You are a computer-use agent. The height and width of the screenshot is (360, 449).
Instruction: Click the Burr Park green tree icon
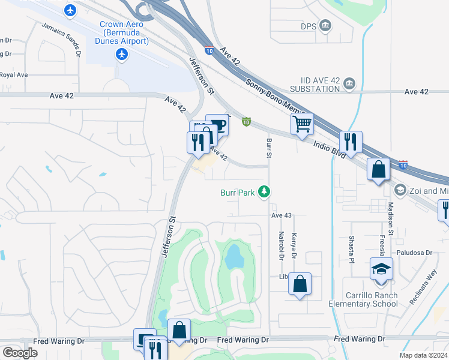tap(264, 192)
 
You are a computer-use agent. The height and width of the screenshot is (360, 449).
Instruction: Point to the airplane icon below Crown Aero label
tap(122, 55)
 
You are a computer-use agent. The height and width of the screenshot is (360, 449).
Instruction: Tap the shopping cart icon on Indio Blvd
tap(303, 124)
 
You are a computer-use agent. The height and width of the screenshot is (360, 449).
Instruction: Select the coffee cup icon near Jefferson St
tap(217, 125)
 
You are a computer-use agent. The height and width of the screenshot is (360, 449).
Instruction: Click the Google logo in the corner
tap(20, 352)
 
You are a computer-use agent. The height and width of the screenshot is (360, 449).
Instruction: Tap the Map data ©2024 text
tap(421, 355)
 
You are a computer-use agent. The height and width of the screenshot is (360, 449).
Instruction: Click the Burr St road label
tap(270, 146)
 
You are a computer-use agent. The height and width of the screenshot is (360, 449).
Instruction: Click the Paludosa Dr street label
tap(414, 253)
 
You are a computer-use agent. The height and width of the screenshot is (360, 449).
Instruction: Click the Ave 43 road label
tap(281, 215)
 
